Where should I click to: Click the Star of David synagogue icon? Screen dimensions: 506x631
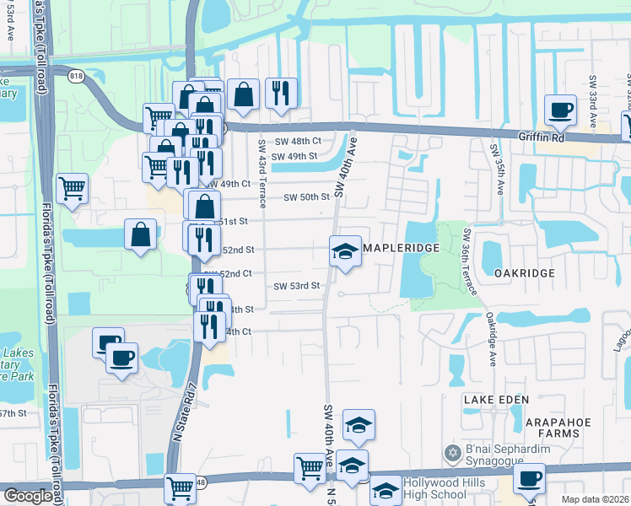(x=453, y=454)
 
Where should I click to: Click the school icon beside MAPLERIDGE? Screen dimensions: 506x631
(x=344, y=251)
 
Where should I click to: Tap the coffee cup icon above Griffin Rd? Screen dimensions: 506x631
(x=560, y=109)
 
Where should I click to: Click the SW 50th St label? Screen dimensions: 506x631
(x=305, y=197)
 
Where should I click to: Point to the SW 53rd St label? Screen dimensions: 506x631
(x=297, y=286)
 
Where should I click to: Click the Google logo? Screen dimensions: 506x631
(x=28, y=497)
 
